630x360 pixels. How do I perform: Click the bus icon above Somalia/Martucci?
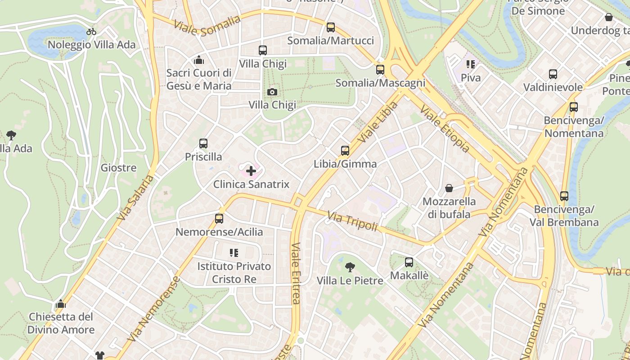click(x=331, y=27)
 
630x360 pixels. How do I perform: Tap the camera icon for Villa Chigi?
click(x=272, y=92)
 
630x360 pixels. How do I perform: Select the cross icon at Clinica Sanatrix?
click(x=251, y=171)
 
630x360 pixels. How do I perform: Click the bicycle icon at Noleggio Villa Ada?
click(x=91, y=31)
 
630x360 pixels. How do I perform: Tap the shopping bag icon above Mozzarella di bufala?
click(x=449, y=188)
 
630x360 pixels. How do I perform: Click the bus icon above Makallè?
click(x=409, y=262)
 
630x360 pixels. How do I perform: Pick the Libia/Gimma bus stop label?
click(x=345, y=164)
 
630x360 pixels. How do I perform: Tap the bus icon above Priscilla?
click(x=203, y=144)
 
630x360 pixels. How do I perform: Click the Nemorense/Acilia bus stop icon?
click(x=219, y=219)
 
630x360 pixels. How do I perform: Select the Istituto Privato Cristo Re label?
click(x=234, y=273)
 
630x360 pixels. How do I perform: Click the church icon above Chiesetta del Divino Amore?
click(x=61, y=304)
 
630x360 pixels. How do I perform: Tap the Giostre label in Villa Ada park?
click(x=118, y=168)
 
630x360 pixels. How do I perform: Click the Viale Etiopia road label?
click(x=445, y=129)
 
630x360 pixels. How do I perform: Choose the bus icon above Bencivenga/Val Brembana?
click(x=564, y=196)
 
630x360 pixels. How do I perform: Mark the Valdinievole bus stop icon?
click(x=553, y=74)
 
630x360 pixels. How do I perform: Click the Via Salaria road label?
click(x=135, y=198)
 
